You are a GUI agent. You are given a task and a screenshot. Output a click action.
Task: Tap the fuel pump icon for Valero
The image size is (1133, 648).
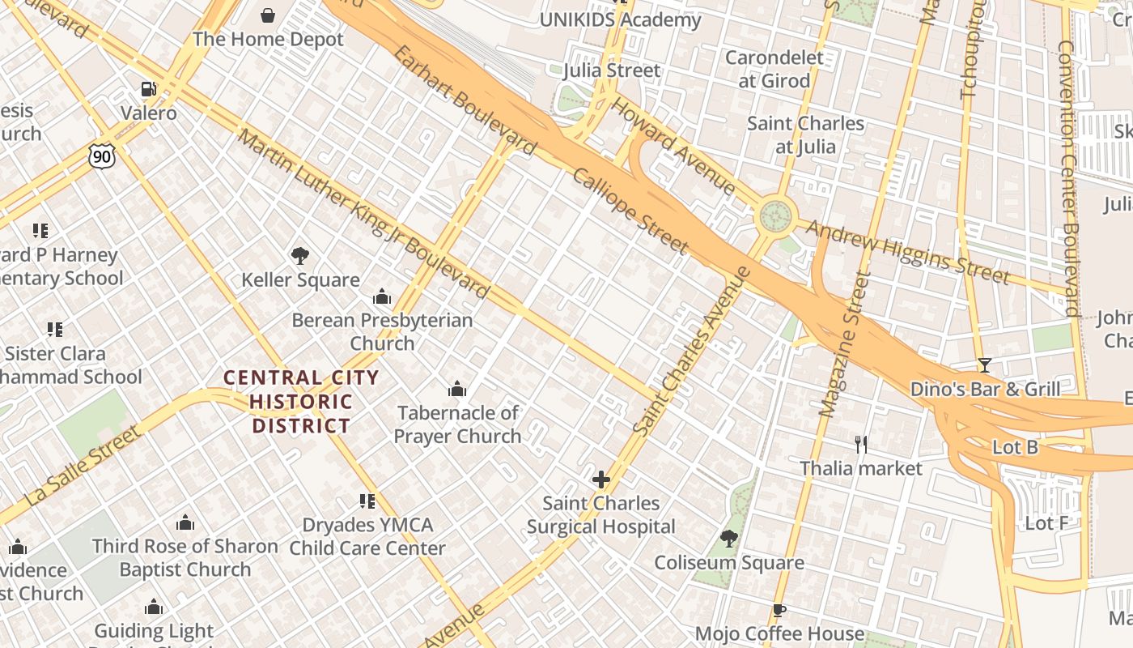pos(148,88)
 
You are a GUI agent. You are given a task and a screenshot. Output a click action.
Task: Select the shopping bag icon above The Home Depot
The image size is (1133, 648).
pos(268,15)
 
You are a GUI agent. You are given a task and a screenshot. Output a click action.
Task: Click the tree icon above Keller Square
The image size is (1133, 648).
pos(300,256)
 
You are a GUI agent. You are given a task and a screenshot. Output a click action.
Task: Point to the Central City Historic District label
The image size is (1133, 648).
pos(301,402)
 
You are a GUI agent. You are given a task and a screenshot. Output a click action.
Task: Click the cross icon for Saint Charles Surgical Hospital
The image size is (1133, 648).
pos(600,480)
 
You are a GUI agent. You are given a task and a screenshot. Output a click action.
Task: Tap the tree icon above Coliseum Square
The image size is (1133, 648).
pos(729,539)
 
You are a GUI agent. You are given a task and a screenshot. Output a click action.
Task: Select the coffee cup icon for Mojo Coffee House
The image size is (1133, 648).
pos(779,610)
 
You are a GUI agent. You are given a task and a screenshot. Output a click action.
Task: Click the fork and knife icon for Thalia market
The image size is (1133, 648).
pos(861,444)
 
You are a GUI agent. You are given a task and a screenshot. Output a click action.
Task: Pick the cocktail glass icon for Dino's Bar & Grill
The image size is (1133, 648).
pos(985,365)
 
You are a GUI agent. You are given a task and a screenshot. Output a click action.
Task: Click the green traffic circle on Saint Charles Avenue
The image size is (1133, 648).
pos(775,216)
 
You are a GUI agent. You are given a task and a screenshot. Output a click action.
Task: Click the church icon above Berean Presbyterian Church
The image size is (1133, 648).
pos(382,297)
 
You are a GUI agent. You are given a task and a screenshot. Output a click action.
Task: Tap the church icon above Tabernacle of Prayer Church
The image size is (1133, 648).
pos(457,390)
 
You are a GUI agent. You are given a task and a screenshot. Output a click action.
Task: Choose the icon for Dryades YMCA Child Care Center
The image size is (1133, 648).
pos(367,501)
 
